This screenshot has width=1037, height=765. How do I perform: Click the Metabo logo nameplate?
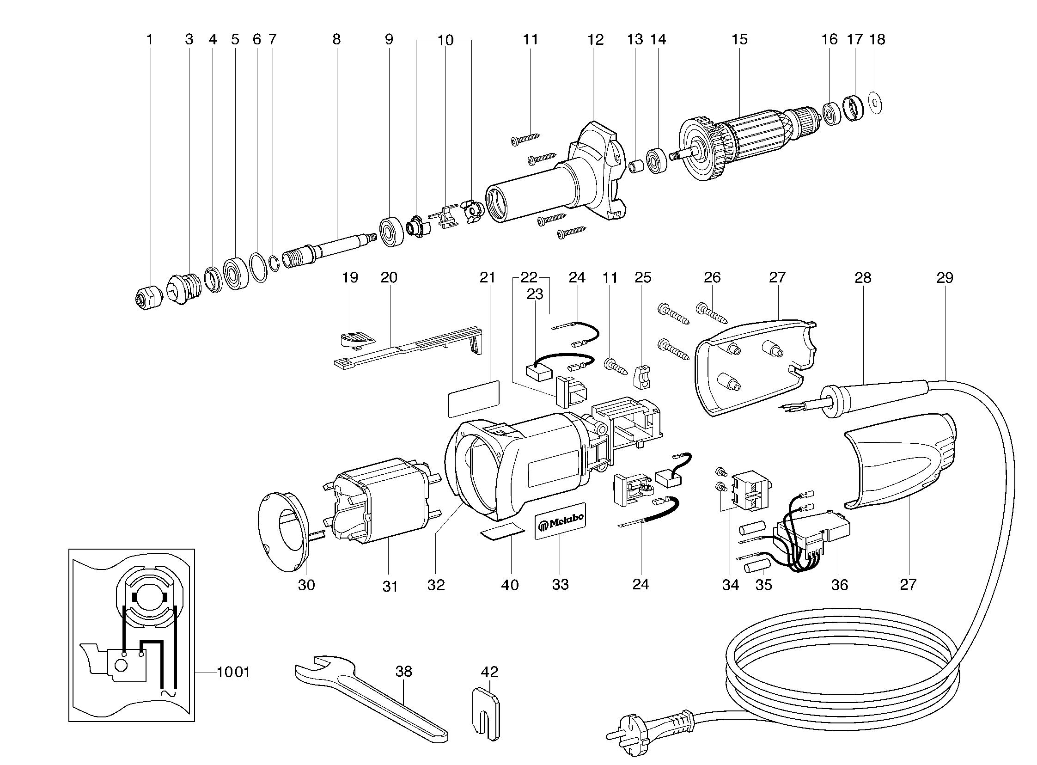(560, 522)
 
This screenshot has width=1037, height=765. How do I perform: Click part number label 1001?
(233, 672)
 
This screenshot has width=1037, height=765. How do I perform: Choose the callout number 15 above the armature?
(739, 40)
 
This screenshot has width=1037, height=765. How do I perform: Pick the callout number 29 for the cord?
(945, 278)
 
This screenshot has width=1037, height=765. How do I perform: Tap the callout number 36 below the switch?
(839, 585)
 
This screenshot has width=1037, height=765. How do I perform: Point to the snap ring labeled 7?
(274, 263)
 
